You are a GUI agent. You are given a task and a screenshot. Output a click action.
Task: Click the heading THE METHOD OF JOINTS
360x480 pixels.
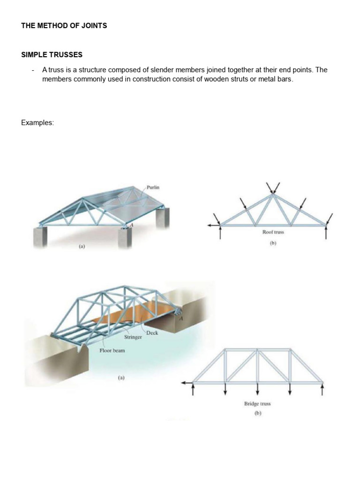64,26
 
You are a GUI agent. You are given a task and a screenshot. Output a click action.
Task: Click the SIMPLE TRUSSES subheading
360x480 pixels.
52,55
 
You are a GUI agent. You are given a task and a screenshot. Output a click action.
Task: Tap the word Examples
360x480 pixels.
37,123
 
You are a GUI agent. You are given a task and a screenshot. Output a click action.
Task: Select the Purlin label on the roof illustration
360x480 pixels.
153,187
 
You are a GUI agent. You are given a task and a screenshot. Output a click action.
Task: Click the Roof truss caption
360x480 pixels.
273,232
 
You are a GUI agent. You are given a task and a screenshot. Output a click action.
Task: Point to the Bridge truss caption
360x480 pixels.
257,404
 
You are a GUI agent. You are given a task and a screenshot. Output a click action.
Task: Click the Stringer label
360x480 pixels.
133,337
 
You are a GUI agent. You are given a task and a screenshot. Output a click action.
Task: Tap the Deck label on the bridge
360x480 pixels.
152,333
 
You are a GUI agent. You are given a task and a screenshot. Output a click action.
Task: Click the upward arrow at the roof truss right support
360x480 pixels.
326,232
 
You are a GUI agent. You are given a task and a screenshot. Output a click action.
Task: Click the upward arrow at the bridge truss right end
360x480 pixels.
322,389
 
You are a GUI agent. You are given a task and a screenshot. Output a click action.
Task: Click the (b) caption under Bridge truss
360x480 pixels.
257,413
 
